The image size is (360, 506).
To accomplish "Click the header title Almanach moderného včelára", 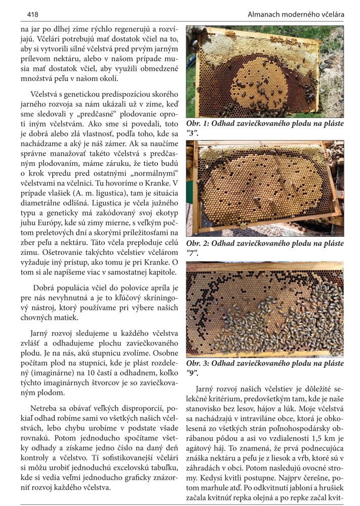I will coord(296,15).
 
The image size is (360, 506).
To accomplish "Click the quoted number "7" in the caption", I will coord(191,252).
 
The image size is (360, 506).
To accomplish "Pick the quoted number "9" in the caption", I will coord(192,372).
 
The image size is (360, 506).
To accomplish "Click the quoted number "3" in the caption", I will coord(192,133).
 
